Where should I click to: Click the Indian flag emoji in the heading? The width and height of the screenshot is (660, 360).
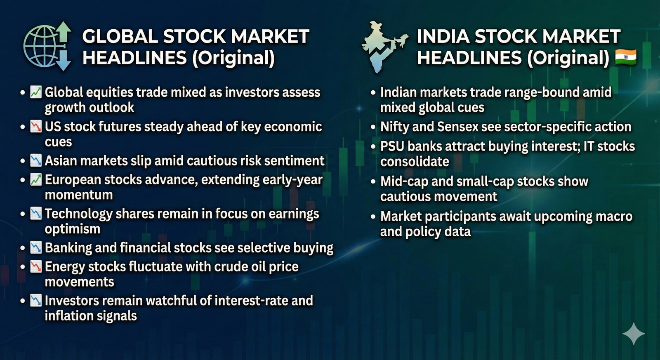(626, 57)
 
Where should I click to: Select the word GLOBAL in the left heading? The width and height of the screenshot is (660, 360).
(120, 37)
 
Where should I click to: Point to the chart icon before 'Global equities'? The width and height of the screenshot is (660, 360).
(35, 92)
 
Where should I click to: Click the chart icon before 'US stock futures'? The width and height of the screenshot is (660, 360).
(35, 127)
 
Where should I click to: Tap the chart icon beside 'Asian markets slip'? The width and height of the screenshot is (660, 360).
(35, 161)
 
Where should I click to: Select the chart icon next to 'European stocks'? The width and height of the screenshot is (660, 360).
(35, 180)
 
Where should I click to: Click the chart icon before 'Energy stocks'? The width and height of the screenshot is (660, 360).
(35, 267)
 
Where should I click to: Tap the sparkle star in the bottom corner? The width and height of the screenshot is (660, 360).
(634, 334)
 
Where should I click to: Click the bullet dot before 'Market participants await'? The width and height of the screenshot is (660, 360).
(373, 217)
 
